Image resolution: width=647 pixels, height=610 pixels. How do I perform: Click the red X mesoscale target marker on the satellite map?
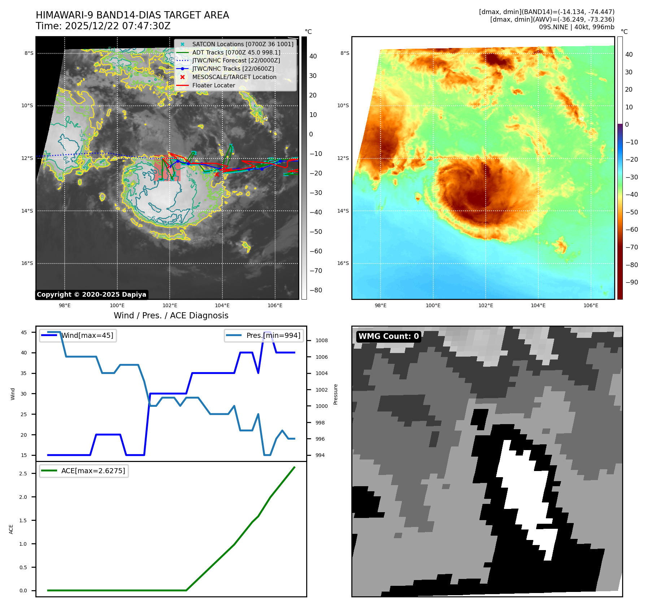(217, 175)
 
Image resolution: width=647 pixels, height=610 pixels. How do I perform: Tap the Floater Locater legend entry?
(213, 86)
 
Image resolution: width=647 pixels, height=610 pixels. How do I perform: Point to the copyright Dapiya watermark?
(91, 295)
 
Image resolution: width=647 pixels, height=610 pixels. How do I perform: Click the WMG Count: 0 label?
(388, 336)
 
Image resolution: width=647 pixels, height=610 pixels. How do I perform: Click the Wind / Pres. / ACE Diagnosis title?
(171, 315)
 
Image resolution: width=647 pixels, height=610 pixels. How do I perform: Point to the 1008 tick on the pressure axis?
(321, 340)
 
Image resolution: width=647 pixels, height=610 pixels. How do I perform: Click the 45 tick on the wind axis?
(24, 332)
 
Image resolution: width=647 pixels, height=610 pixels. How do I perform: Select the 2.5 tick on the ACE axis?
(23, 474)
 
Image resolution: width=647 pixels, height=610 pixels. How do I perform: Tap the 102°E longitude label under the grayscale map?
(170, 306)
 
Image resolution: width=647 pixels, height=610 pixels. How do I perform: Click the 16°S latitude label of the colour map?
(343, 263)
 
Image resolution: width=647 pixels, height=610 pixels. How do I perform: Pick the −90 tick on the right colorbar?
(631, 282)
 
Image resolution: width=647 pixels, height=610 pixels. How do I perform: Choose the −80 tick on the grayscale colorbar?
(316, 290)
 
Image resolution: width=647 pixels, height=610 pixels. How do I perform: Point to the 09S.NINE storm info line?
(576, 27)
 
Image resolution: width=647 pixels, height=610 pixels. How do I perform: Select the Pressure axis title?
(336, 394)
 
